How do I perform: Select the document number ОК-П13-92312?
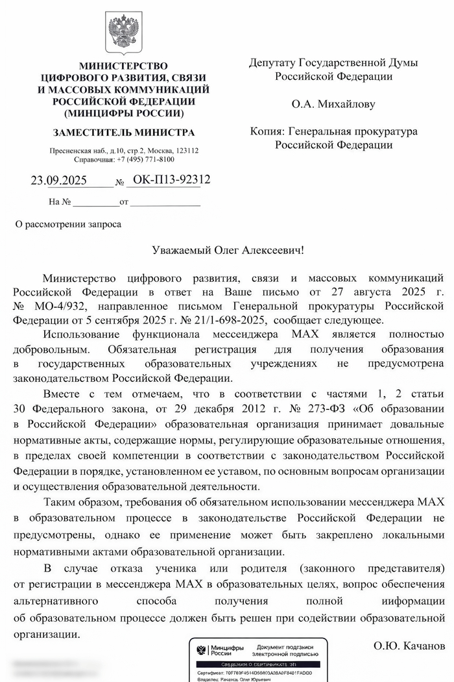[171, 180]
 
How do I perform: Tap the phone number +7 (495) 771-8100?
[146, 159]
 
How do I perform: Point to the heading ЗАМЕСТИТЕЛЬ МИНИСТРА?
[123, 133]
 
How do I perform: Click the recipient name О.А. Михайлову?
[333, 104]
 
